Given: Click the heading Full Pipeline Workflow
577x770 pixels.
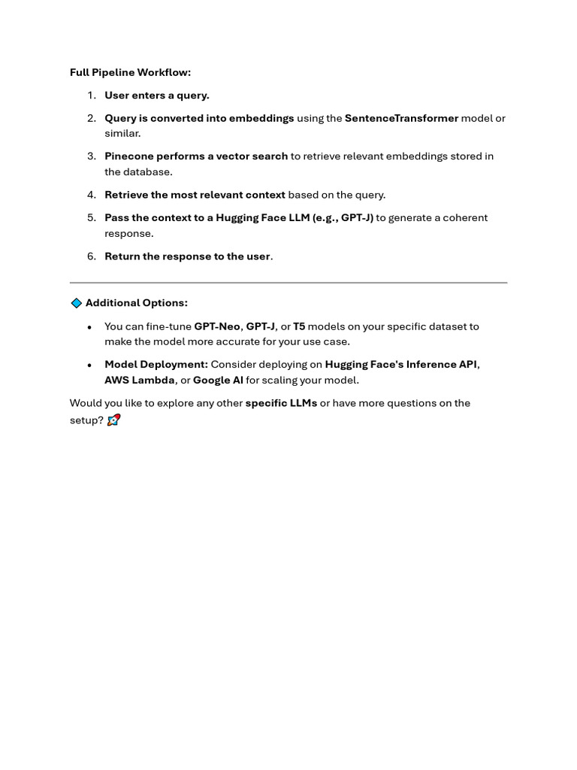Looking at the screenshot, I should click(130, 73).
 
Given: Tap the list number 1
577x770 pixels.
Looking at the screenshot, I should click(92, 95).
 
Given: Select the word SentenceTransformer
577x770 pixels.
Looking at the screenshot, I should click(401, 118).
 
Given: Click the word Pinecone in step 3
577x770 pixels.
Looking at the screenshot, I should click(128, 156).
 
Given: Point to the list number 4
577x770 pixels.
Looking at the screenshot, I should click(92, 195).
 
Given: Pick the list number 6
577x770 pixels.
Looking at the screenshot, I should click(92, 256).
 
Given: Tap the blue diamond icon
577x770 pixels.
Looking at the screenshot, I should click(76, 303).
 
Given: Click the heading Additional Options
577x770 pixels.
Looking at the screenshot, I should click(136, 303).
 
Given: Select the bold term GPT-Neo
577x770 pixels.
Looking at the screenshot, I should click(217, 326).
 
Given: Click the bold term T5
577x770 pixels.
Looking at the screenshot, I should click(299, 326).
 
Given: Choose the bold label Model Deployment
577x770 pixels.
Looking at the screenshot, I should click(156, 365).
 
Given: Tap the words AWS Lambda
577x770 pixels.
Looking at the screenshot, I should click(139, 380).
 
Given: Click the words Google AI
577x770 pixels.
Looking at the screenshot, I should click(218, 380).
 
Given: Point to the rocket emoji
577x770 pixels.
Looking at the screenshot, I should click(113, 420).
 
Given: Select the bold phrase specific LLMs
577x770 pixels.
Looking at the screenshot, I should click(281, 403).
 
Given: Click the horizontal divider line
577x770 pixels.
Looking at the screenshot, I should click(288, 283).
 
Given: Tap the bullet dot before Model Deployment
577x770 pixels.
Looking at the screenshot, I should click(89, 365).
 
